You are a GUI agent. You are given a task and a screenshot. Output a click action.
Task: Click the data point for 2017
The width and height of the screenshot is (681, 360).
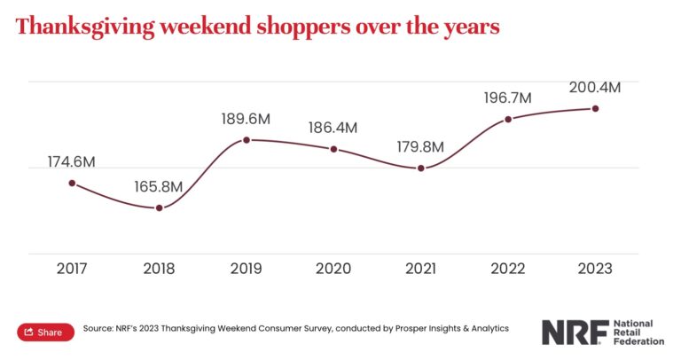[72, 183]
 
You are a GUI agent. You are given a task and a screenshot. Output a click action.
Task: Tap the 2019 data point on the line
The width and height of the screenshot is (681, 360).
[247, 140]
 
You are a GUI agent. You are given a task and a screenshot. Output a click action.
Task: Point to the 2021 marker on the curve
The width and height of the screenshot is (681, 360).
[421, 168]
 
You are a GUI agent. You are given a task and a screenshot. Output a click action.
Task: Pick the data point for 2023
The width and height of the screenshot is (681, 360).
[595, 108]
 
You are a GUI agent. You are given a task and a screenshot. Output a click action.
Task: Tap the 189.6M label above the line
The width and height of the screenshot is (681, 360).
[246, 119]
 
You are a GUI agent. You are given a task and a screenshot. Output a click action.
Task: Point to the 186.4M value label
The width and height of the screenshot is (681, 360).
[333, 128]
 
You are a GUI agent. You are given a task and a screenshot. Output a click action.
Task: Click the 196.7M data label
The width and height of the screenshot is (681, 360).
[507, 98]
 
